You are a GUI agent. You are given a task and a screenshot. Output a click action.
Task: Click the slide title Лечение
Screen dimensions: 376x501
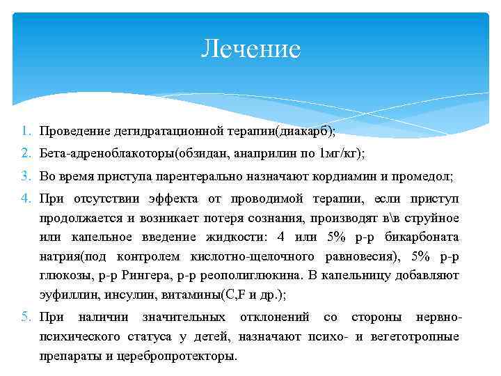click(x=250, y=49)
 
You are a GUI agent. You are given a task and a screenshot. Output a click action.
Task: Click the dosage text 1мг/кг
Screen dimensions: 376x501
click(x=341, y=153)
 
